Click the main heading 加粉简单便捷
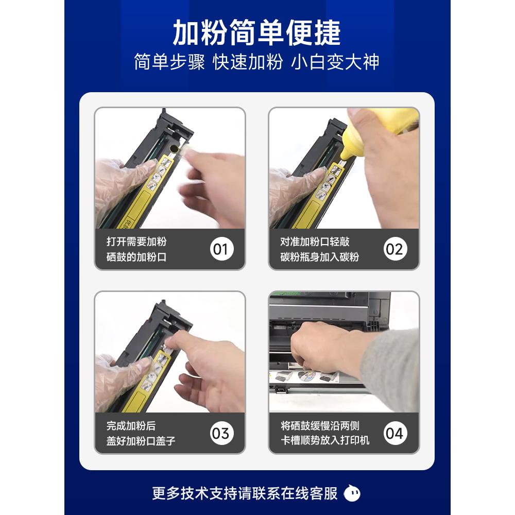(x=256, y=33)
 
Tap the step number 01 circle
(x=220, y=249)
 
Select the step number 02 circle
(x=394, y=249)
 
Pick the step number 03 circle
(x=220, y=433)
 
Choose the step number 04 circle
(x=394, y=433)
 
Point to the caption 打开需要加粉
(x=136, y=242)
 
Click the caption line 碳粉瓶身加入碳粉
(x=319, y=257)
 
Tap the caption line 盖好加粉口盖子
(x=141, y=441)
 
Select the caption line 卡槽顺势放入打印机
(x=325, y=441)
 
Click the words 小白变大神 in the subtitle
(x=335, y=62)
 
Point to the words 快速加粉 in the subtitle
(x=248, y=62)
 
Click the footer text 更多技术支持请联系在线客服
(x=245, y=493)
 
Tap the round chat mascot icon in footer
(x=352, y=493)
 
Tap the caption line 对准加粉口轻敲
(x=315, y=242)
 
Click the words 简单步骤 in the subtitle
(x=169, y=62)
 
